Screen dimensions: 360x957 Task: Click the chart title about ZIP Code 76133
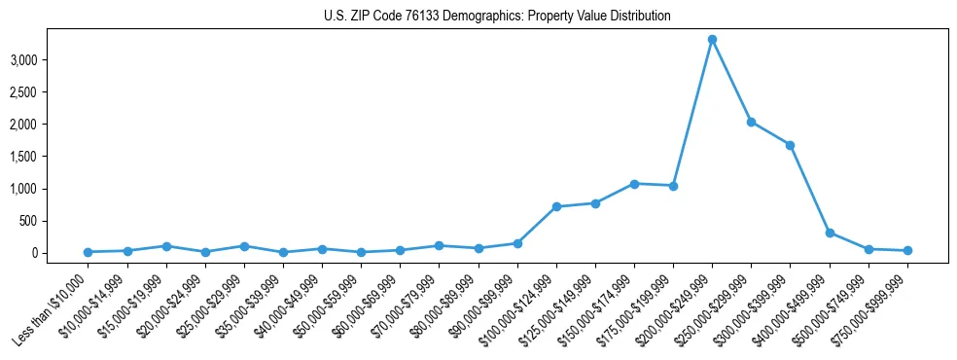(x=497, y=17)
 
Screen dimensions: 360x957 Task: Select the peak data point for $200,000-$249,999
(x=712, y=40)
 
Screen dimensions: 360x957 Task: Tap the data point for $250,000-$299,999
(x=751, y=122)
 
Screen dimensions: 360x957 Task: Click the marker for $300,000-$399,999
(x=790, y=145)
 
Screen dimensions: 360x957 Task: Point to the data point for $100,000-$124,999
(x=556, y=206)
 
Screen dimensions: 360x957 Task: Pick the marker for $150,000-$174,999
(x=634, y=184)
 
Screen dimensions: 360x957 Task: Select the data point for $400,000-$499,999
(x=830, y=233)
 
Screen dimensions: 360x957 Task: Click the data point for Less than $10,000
(x=89, y=252)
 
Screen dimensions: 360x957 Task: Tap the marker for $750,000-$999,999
(x=907, y=250)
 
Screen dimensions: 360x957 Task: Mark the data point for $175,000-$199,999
(x=673, y=186)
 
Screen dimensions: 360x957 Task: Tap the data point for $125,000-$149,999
(x=595, y=203)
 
